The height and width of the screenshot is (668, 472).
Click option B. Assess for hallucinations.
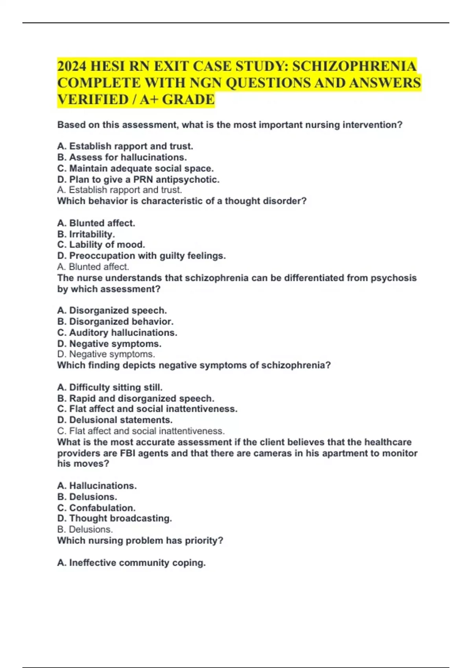coord(122,157)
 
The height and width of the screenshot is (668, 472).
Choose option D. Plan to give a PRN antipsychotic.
coord(138,180)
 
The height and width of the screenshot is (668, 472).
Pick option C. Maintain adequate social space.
coord(135,169)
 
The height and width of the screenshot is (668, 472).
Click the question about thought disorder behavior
coord(182,201)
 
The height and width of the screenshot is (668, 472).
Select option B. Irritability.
coord(86,234)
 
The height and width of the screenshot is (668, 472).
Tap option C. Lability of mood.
coord(101,245)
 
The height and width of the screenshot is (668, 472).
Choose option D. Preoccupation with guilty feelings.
coord(141,256)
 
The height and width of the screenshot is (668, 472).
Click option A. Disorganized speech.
coord(112,310)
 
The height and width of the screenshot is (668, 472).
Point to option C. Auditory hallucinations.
coord(117,333)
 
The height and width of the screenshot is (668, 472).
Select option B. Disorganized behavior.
coord(115,321)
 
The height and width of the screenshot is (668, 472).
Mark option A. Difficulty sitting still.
coord(110,387)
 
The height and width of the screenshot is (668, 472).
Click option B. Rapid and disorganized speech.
coord(136,398)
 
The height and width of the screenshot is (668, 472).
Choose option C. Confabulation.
coord(96,508)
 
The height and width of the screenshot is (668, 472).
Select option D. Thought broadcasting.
coord(114,519)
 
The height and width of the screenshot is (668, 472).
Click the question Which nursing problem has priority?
coord(140,541)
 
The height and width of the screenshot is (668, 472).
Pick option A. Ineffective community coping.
coord(131,563)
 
